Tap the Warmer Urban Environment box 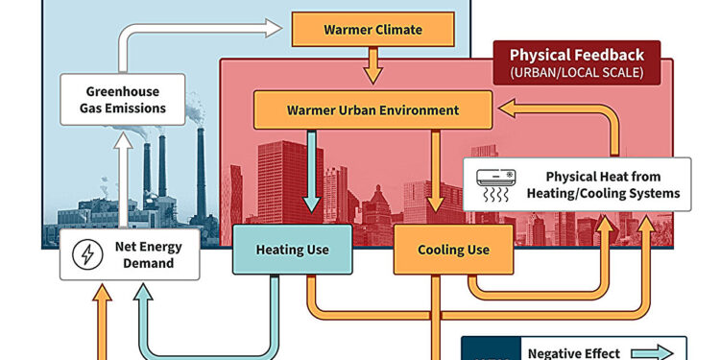(372, 109)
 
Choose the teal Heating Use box (292, 250)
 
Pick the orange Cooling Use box (453, 250)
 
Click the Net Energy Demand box (133, 254)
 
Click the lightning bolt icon (87, 254)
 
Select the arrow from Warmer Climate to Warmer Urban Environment (373, 66)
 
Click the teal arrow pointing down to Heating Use (312, 173)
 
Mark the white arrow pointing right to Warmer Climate (211, 31)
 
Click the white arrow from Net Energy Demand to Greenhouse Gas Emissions (124, 182)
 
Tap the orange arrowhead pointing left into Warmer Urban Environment (505, 111)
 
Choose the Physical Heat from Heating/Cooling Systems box (576, 184)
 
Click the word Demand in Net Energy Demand (149, 263)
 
